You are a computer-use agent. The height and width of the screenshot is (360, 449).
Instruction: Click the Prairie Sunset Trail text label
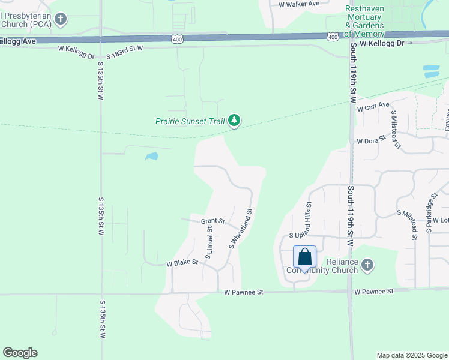coord(190,121)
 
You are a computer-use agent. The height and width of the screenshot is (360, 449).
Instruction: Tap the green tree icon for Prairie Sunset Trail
coord(234,121)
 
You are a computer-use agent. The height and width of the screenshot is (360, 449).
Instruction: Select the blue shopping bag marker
coord(305,257)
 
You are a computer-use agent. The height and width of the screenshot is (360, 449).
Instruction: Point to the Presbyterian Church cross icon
coord(60,19)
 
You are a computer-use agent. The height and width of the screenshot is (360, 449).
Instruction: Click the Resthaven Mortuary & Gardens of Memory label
coord(373,21)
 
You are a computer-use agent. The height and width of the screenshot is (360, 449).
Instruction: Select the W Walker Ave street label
coord(299,4)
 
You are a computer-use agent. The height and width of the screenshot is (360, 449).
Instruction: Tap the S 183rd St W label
coord(125,52)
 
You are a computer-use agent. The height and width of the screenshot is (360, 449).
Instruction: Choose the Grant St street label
coord(212,221)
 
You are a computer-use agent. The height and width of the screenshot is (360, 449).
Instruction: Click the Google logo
coord(20,353)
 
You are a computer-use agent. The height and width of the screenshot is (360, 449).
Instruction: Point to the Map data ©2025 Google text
coord(412,355)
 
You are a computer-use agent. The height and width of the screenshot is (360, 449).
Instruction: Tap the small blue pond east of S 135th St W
coord(152,157)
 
